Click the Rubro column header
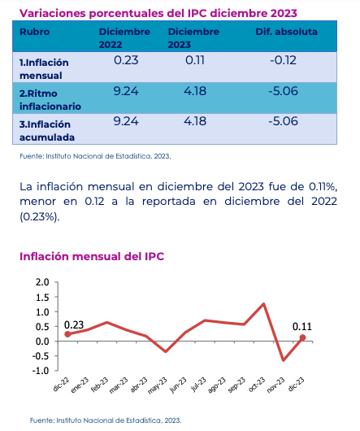35,32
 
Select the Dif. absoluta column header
286,32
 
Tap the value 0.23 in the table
126,60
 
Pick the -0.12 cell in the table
283,60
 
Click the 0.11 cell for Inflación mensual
195,60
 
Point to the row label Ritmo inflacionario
50,100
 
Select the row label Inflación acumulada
47,131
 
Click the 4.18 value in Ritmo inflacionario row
195,91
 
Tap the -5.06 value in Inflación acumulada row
283,121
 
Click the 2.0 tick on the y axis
42,282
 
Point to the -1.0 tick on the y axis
41,371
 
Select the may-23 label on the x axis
158,385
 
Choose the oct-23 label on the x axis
257,385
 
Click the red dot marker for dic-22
67,334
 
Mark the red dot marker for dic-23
302,337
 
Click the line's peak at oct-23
263,304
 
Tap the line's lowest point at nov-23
283,360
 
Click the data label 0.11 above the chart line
302,327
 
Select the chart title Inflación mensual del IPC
92,256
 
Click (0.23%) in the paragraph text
40,217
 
